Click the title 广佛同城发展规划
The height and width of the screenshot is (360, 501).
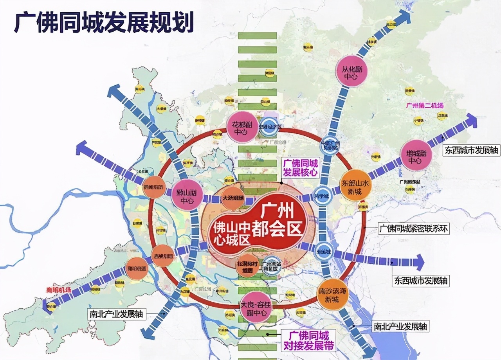coord(104,22)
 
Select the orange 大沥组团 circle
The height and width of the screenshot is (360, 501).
coord(233,198)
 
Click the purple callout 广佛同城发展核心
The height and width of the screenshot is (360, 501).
coord(301,168)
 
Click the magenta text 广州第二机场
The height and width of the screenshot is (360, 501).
coord(425,106)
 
